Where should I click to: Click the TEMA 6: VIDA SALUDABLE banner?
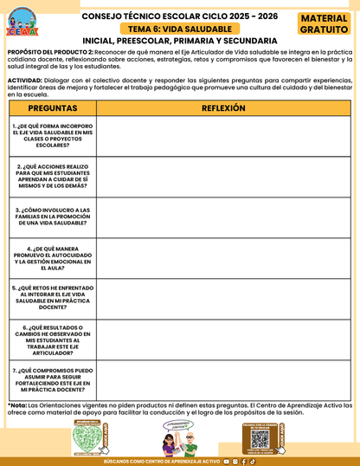click(180, 29)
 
